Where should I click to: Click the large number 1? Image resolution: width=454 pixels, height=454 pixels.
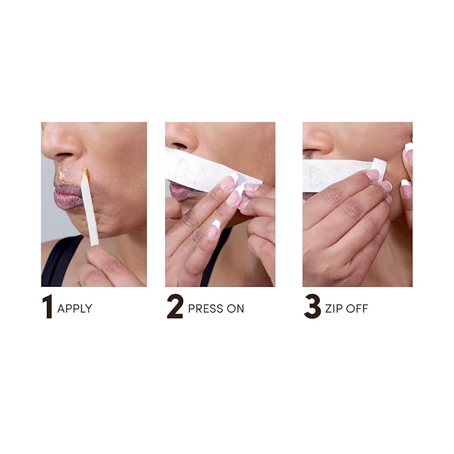pyautogui.click(x=47, y=307)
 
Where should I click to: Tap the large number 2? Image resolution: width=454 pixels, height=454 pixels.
pyautogui.click(x=175, y=307)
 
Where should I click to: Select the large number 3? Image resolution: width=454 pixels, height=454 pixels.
pyautogui.click(x=312, y=307)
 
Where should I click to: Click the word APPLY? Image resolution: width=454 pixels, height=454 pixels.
pyautogui.click(x=74, y=309)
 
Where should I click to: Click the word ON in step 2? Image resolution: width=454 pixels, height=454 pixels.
pyautogui.click(x=236, y=309)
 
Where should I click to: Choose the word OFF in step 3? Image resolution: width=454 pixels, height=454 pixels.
pyautogui.click(x=358, y=309)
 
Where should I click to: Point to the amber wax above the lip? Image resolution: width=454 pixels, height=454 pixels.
pyautogui.click(x=64, y=175)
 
